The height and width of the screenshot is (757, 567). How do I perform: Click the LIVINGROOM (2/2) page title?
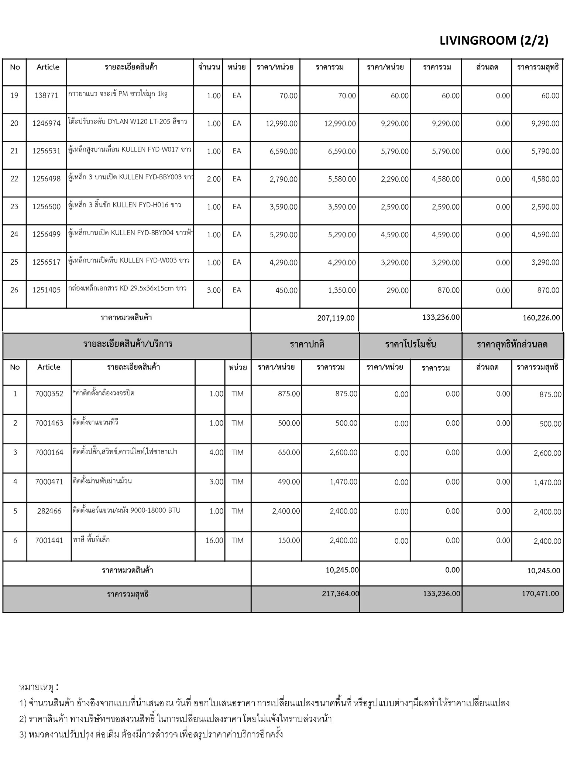494,40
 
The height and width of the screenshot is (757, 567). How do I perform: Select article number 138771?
47,96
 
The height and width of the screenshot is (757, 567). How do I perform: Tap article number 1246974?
47,123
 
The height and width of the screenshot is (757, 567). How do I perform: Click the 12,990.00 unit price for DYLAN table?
282,123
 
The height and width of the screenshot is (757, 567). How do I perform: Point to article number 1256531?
47,151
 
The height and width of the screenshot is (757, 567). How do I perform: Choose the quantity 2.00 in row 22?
214,179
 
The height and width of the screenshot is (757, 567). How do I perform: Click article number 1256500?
47,207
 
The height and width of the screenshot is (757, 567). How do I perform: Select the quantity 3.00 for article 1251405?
214,291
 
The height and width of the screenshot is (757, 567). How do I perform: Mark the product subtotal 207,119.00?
336,318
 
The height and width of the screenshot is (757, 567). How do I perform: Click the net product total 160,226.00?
541,318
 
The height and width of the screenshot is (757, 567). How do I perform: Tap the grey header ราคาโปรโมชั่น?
410,344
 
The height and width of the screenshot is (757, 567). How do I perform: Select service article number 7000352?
49,394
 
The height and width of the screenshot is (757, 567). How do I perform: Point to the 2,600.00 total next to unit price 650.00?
343,452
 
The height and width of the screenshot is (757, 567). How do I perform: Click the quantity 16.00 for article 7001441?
214,540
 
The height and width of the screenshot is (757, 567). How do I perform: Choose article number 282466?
49,511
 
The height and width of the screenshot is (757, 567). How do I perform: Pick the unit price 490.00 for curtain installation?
289,482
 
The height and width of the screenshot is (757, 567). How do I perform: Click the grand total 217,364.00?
340,594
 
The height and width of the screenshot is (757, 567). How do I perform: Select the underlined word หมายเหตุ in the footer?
36,687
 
